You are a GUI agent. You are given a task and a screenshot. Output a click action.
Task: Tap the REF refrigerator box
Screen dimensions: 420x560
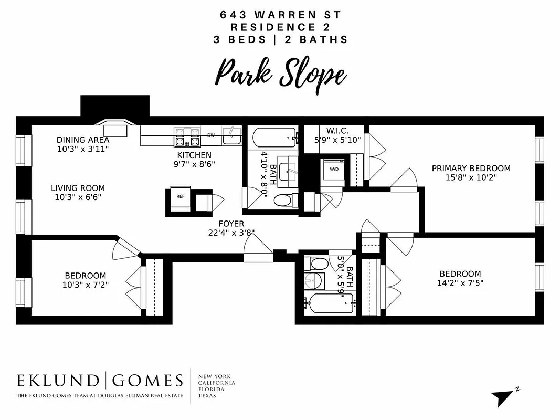tap(180, 196)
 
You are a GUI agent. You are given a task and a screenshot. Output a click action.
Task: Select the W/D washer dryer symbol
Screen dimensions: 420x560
tap(334, 170)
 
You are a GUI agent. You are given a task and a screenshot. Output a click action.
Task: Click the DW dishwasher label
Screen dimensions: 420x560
tap(211, 135)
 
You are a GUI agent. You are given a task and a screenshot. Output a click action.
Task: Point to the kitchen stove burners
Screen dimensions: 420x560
tap(187, 136)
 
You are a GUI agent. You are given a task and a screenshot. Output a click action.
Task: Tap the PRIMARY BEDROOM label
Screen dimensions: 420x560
tap(471, 168)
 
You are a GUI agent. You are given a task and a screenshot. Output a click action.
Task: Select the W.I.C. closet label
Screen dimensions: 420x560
tap(337, 130)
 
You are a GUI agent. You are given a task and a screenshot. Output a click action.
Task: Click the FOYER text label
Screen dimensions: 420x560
tap(232, 224)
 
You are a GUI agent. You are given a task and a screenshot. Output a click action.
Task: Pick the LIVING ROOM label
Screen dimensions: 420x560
tap(78, 188)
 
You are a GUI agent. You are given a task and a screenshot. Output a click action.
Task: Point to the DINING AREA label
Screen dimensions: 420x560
tap(83, 140)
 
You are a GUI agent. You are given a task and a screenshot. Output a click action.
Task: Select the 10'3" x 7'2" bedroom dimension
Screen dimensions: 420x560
tap(85, 285)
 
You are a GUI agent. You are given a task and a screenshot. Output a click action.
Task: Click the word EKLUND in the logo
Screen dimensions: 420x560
tap(58, 381)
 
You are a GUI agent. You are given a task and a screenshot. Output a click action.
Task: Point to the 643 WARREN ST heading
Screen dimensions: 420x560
tap(280, 15)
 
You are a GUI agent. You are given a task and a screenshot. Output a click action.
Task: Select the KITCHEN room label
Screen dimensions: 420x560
tap(194, 155)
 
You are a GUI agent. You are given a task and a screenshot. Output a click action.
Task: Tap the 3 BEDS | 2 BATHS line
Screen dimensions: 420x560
tap(280, 39)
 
